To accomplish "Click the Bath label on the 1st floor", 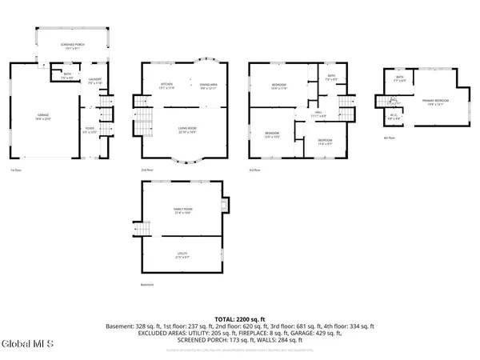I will [67, 77].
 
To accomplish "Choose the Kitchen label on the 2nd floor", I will [167, 85].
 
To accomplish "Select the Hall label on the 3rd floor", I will [318, 113].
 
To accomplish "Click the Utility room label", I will [182, 255].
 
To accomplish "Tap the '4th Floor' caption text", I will [386, 138].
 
